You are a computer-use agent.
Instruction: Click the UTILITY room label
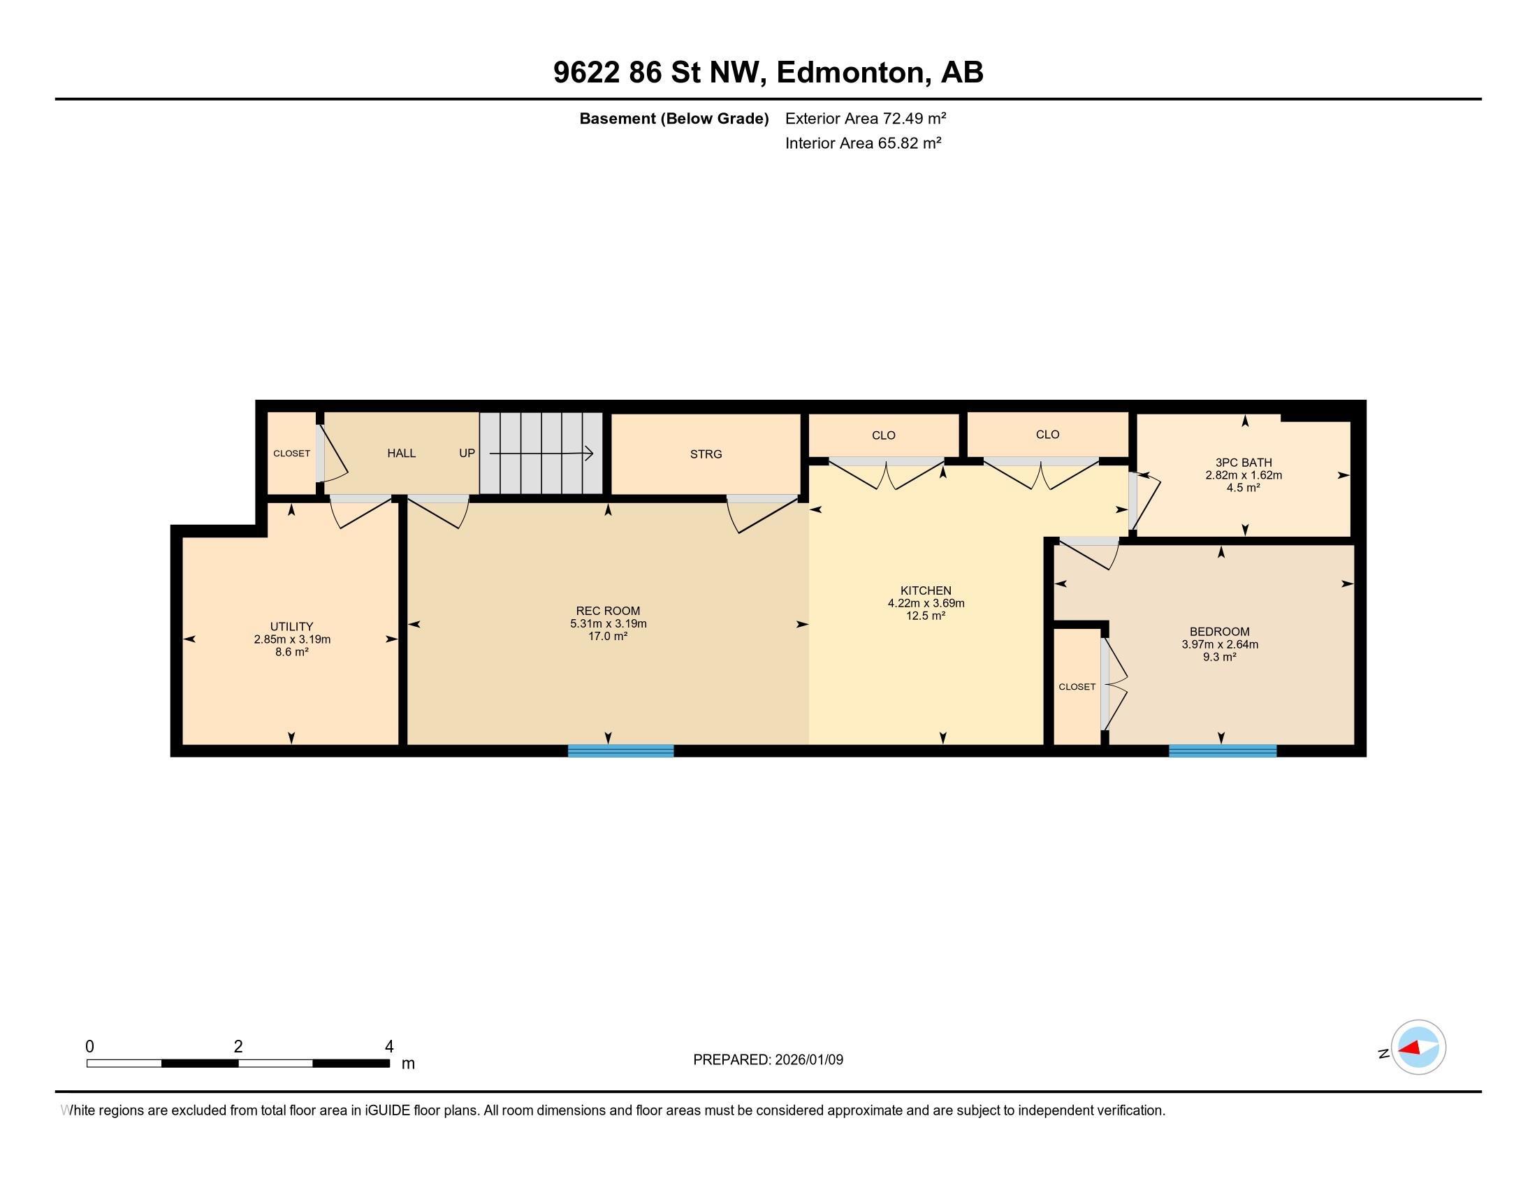coord(291,626)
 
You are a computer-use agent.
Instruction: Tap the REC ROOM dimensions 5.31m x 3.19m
coord(608,623)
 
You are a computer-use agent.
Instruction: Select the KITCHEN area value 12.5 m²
coord(926,616)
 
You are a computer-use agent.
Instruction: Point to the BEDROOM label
coord(1220,632)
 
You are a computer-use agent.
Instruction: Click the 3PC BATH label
coord(1244,463)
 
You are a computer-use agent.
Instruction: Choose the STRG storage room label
coord(706,454)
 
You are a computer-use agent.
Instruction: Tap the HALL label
coord(401,454)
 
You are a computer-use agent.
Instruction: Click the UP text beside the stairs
coord(467,454)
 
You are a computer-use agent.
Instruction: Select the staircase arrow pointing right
coord(542,454)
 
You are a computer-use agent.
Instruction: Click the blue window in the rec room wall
coord(620,751)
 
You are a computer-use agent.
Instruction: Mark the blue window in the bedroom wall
coord(1223,751)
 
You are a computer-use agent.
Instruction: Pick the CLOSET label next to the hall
coord(291,454)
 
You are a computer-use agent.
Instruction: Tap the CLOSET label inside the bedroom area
coord(1077,687)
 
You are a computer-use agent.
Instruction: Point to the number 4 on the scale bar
coord(389,1047)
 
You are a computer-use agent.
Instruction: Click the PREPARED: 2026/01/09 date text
coord(768,1060)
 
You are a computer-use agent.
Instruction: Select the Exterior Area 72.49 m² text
coord(865,118)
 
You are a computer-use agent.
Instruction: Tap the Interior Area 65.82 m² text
coord(863,143)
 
